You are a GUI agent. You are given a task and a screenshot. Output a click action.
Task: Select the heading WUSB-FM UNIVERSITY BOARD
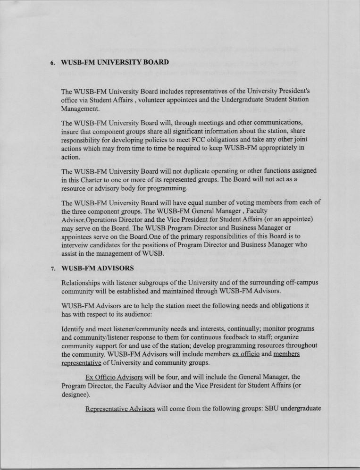[115, 62]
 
